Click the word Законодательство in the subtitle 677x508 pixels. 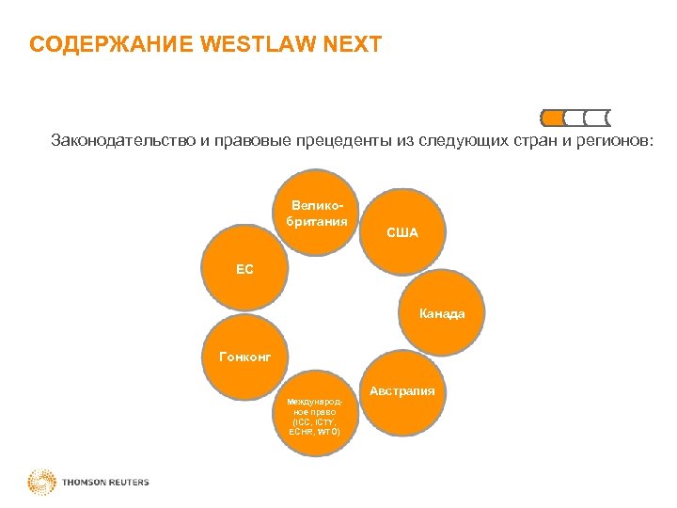[122, 141]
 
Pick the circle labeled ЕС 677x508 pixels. [245, 269]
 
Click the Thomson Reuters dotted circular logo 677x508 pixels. [41, 483]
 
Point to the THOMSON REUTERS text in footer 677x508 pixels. [106, 483]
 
